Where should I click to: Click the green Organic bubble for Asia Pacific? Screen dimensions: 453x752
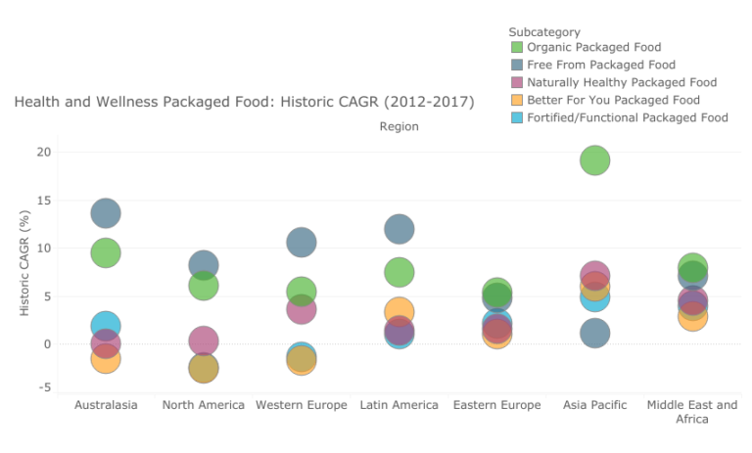[595, 160]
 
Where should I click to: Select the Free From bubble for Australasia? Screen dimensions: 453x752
[106, 212]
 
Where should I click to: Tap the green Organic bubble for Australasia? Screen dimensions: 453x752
[106, 252]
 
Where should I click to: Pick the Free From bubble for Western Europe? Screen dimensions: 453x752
[302, 242]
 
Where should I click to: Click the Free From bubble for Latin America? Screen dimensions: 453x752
[399, 229]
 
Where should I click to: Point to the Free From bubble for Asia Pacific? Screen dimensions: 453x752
[595, 334]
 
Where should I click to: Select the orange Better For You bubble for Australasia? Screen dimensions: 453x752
[106, 359]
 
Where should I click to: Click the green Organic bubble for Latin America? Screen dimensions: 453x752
[399, 272]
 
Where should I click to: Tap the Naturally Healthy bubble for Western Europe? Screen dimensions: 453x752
[302, 309]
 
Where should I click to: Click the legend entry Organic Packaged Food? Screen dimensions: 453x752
[593, 47]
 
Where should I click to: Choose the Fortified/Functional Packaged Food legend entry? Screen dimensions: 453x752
[627, 117]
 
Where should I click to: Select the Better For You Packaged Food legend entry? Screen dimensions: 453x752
[613, 100]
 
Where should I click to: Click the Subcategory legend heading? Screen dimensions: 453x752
[544, 32]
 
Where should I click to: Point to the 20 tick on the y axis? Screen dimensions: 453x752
[43, 152]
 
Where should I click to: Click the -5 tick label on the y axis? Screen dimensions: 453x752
[44, 387]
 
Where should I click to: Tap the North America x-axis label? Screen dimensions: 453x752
[204, 405]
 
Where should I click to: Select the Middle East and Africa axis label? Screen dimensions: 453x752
[693, 412]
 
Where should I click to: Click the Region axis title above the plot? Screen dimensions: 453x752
[399, 126]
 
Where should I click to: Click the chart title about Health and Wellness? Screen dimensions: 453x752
[244, 102]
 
